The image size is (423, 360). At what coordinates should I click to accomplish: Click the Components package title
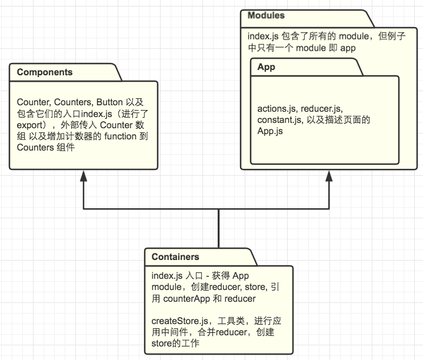pyautogui.click(x=45, y=72)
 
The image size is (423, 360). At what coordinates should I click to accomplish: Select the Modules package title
pyautogui.click(x=266, y=15)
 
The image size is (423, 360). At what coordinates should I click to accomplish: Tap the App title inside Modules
pyautogui.click(x=266, y=67)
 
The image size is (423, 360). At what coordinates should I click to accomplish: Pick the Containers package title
pyautogui.click(x=175, y=257)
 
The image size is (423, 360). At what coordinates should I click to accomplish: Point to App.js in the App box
pyautogui.click(x=270, y=131)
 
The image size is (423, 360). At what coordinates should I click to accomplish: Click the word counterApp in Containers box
pyautogui.click(x=187, y=299)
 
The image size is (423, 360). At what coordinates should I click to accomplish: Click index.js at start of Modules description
pyautogui.click(x=261, y=36)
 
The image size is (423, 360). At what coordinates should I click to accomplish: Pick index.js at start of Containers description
pyautogui.click(x=165, y=276)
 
